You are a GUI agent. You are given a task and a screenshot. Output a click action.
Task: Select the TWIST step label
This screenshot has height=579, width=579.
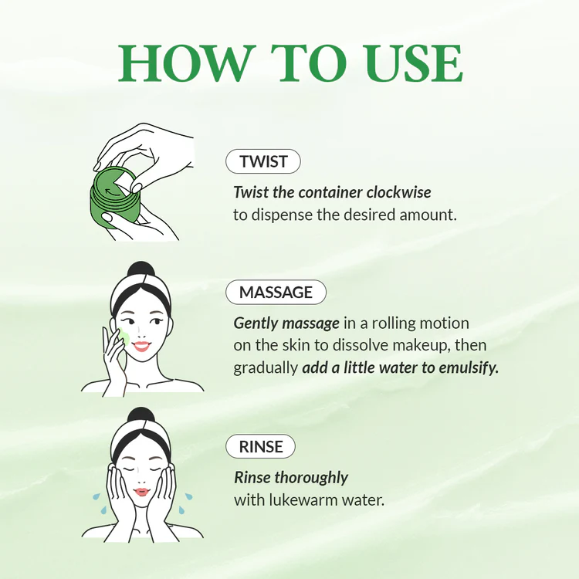(263, 162)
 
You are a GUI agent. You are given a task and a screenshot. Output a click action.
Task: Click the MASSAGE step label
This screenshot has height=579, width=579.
(276, 293)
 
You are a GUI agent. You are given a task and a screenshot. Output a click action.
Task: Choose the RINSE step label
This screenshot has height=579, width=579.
(260, 446)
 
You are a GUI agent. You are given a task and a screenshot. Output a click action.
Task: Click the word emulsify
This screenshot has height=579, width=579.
(467, 368)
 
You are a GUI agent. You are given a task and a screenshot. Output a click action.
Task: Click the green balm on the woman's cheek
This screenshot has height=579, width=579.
(123, 336)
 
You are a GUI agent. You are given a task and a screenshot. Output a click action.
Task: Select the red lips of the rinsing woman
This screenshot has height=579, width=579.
(141, 492)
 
